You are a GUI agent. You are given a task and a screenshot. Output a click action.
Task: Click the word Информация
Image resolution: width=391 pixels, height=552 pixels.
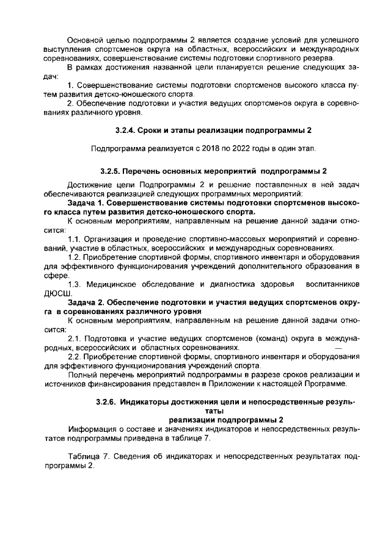92,429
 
